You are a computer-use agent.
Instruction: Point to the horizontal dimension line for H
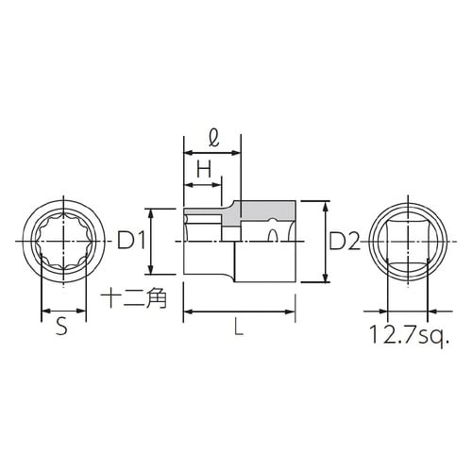tap(203, 182)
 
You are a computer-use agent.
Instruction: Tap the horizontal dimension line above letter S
tap(60, 311)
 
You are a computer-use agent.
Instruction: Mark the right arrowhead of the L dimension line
tap(305, 311)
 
